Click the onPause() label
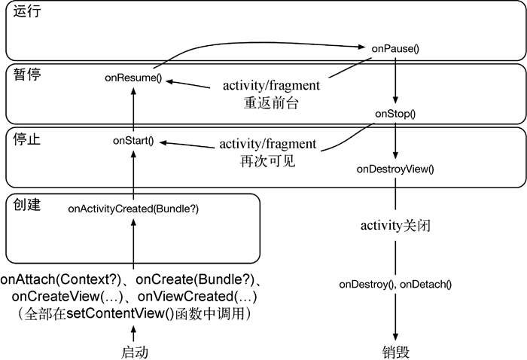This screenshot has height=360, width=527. (395, 48)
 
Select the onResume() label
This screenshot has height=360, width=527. (133, 78)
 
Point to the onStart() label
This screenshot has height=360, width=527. (133, 141)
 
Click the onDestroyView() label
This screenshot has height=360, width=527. (395, 169)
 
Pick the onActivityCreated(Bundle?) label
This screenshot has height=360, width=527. (133, 207)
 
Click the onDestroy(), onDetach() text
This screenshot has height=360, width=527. (395, 284)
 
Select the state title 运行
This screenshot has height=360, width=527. (24, 14)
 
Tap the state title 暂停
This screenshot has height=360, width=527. (24, 75)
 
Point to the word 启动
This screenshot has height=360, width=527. (134, 352)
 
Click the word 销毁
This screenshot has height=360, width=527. (396, 352)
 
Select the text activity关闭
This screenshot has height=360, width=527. (395, 226)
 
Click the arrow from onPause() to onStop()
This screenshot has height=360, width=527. (395, 79)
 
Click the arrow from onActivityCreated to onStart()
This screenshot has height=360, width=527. (133, 173)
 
